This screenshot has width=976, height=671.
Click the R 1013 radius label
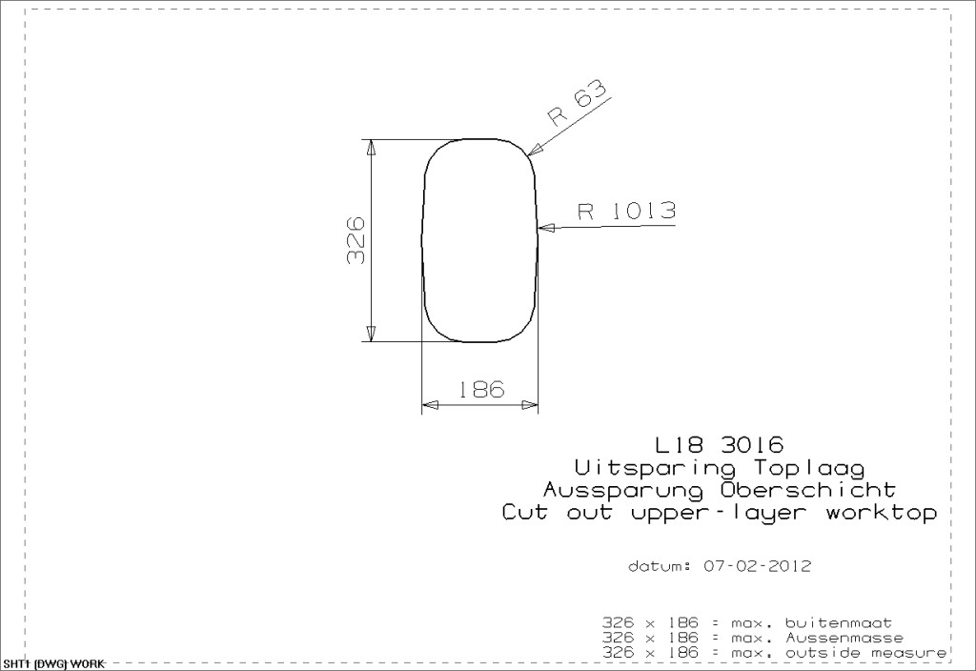point(626,211)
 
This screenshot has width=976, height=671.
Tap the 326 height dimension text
point(356,240)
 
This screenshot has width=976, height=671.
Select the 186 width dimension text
point(481,390)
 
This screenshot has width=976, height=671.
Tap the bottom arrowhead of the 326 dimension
point(371,334)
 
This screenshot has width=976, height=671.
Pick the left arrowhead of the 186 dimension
point(430,405)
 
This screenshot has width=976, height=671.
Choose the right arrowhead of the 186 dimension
point(530,405)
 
